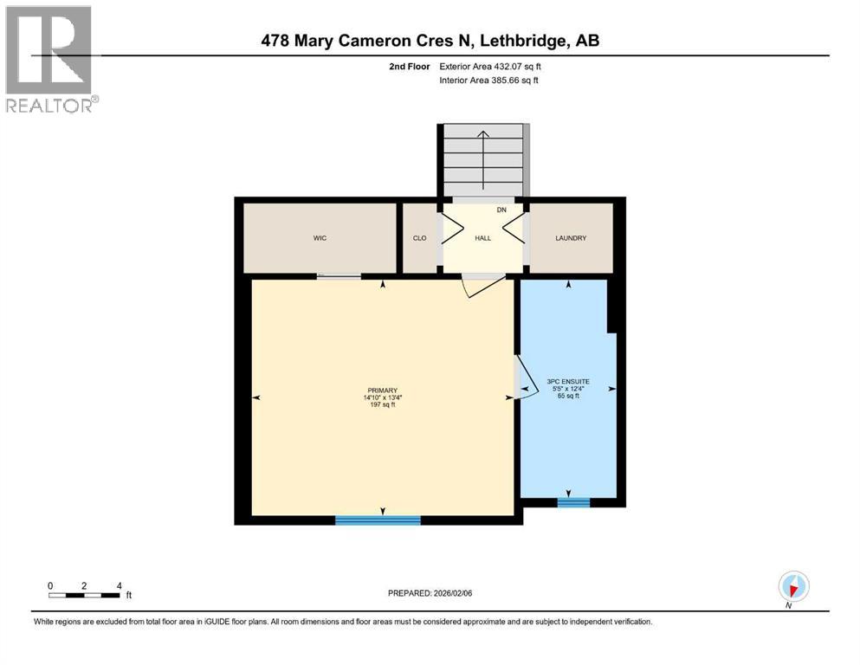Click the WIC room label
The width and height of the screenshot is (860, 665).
320,238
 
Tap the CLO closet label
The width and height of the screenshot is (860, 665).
419,238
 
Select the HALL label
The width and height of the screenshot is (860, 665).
482,238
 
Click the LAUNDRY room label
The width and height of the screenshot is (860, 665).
571,238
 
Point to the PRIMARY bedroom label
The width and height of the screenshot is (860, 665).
382,391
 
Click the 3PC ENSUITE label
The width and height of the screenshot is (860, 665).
568,382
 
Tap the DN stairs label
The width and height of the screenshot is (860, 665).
501,210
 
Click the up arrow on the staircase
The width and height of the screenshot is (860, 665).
482,160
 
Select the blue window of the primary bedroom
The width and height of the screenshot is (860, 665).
378,520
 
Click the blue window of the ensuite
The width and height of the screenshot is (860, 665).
573,502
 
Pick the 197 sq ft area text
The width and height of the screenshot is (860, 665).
382,404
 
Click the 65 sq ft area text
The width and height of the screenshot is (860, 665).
568,395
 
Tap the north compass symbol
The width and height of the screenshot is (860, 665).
793,587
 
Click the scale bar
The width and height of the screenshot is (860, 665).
84,595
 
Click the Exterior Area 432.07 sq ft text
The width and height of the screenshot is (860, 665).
490,67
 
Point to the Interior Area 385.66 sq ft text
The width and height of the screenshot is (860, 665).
488,80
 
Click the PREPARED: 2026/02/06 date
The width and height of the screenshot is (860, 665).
430,593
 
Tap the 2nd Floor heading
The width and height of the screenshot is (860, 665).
410,67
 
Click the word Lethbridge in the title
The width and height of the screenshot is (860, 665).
523,41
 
